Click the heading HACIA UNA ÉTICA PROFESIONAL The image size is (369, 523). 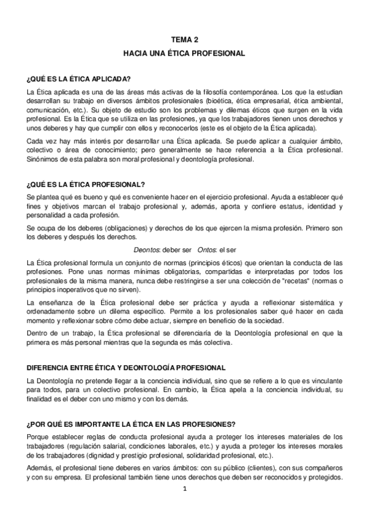(x=184, y=54)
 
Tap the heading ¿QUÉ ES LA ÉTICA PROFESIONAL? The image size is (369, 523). (x=86, y=184)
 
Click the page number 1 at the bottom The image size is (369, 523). (x=184, y=490)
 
